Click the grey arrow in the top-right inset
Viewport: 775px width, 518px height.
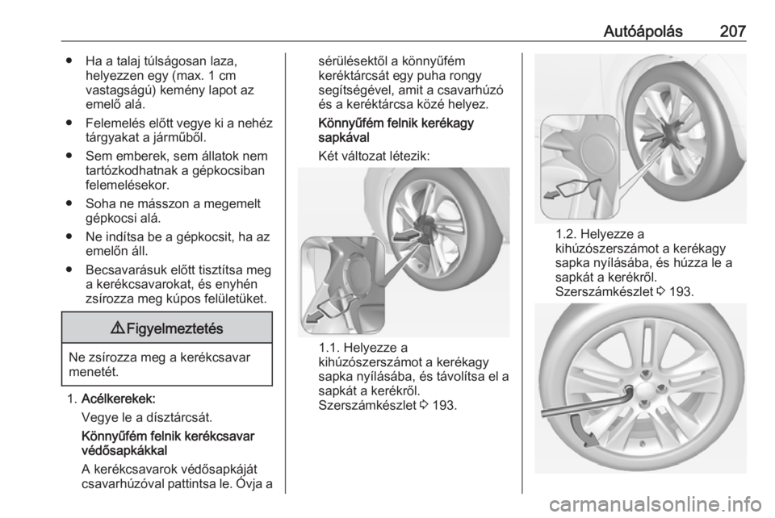point(553,194)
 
